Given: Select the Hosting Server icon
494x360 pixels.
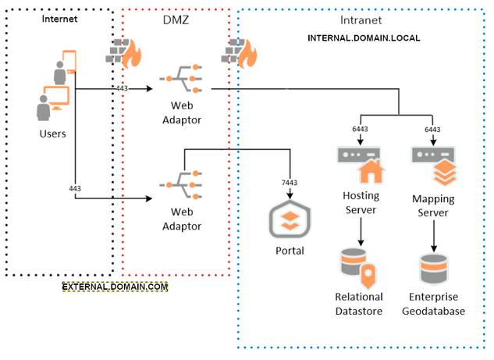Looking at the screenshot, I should coord(361,163).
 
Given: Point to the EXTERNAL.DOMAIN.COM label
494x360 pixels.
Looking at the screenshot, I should coord(116,287).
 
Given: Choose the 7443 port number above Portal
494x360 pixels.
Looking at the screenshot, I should coord(289,182).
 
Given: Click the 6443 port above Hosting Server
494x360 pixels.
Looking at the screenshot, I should coord(360,130).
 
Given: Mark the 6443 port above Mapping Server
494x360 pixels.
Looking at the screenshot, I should coord(432,130).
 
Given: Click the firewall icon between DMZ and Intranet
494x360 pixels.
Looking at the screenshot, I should coord(240,52).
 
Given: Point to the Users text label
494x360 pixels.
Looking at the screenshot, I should coord(52,134).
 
